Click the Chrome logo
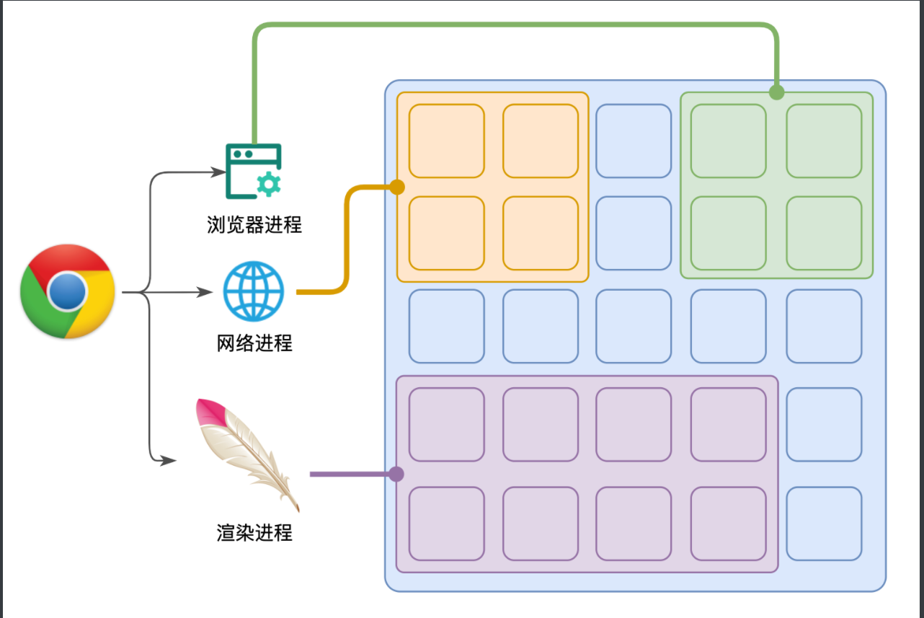(68, 291)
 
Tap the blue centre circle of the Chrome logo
(68, 291)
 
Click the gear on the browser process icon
(269, 185)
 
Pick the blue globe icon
(254, 291)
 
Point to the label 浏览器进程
(254, 225)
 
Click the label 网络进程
(254, 343)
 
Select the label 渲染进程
(254, 533)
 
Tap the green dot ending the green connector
(776, 92)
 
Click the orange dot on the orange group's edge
(397, 187)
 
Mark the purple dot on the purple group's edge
(396, 474)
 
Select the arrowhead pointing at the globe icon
(207, 293)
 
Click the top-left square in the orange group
(446, 141)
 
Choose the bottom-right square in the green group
(823, 233)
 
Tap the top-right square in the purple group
(728, 425)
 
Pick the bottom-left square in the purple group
(446, 524)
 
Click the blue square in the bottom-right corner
(823, 524)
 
